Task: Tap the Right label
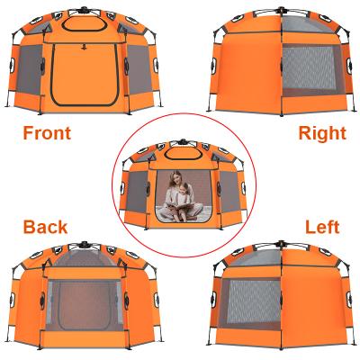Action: click(321, 133)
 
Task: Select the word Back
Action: click(45, 227)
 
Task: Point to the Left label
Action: click(322, 227)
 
